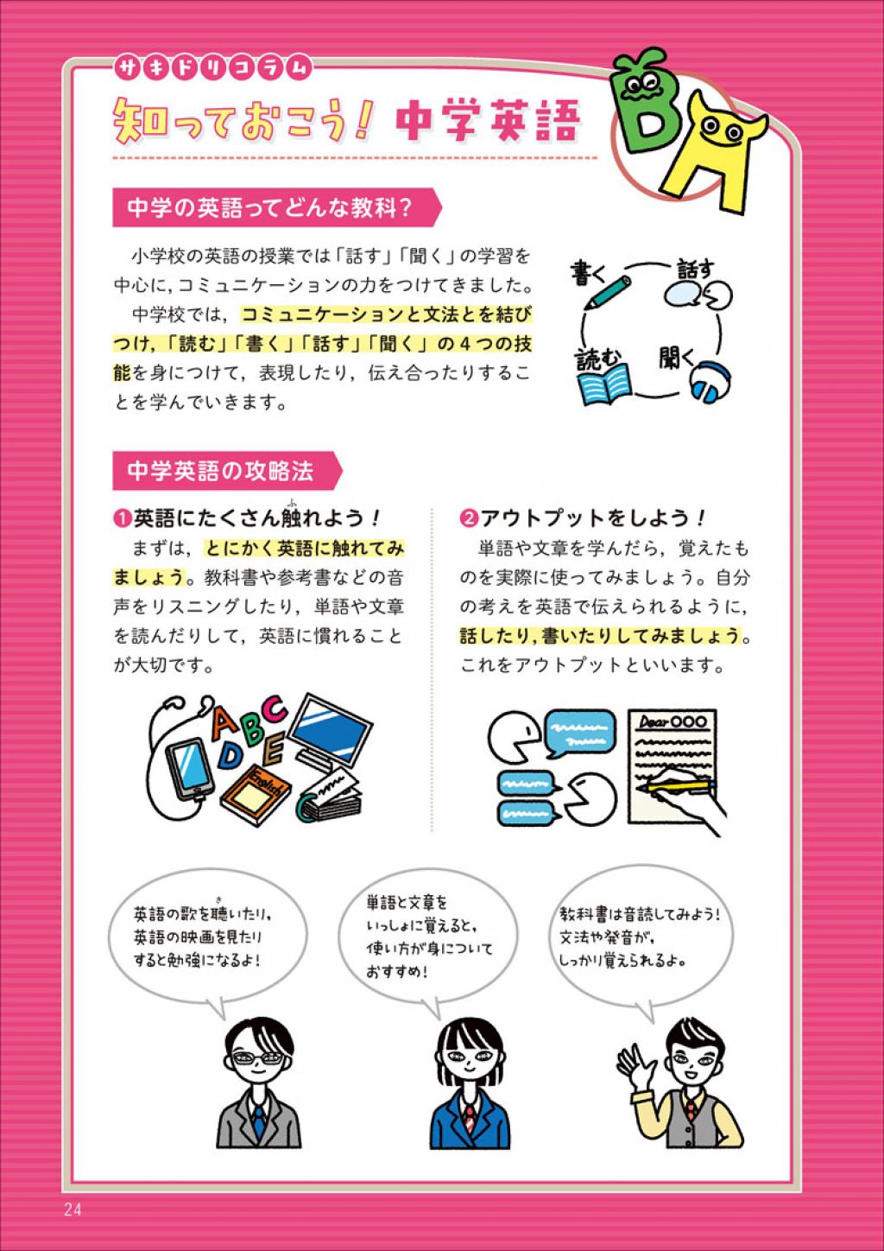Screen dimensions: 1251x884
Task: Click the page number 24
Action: (x=73, y=1210)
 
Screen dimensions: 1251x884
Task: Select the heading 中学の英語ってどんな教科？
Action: (x=269, y=208)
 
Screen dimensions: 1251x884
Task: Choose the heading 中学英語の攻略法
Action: (x=220, y=471)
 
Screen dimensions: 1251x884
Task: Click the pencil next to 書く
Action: (x=607, y=294)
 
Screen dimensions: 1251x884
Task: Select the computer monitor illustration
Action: (x=328, y=730)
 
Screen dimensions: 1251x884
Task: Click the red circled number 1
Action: (x=122, y=518)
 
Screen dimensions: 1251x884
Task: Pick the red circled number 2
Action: (x=468, y=518)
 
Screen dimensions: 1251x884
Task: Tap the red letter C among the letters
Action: (x=274, y=710)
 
